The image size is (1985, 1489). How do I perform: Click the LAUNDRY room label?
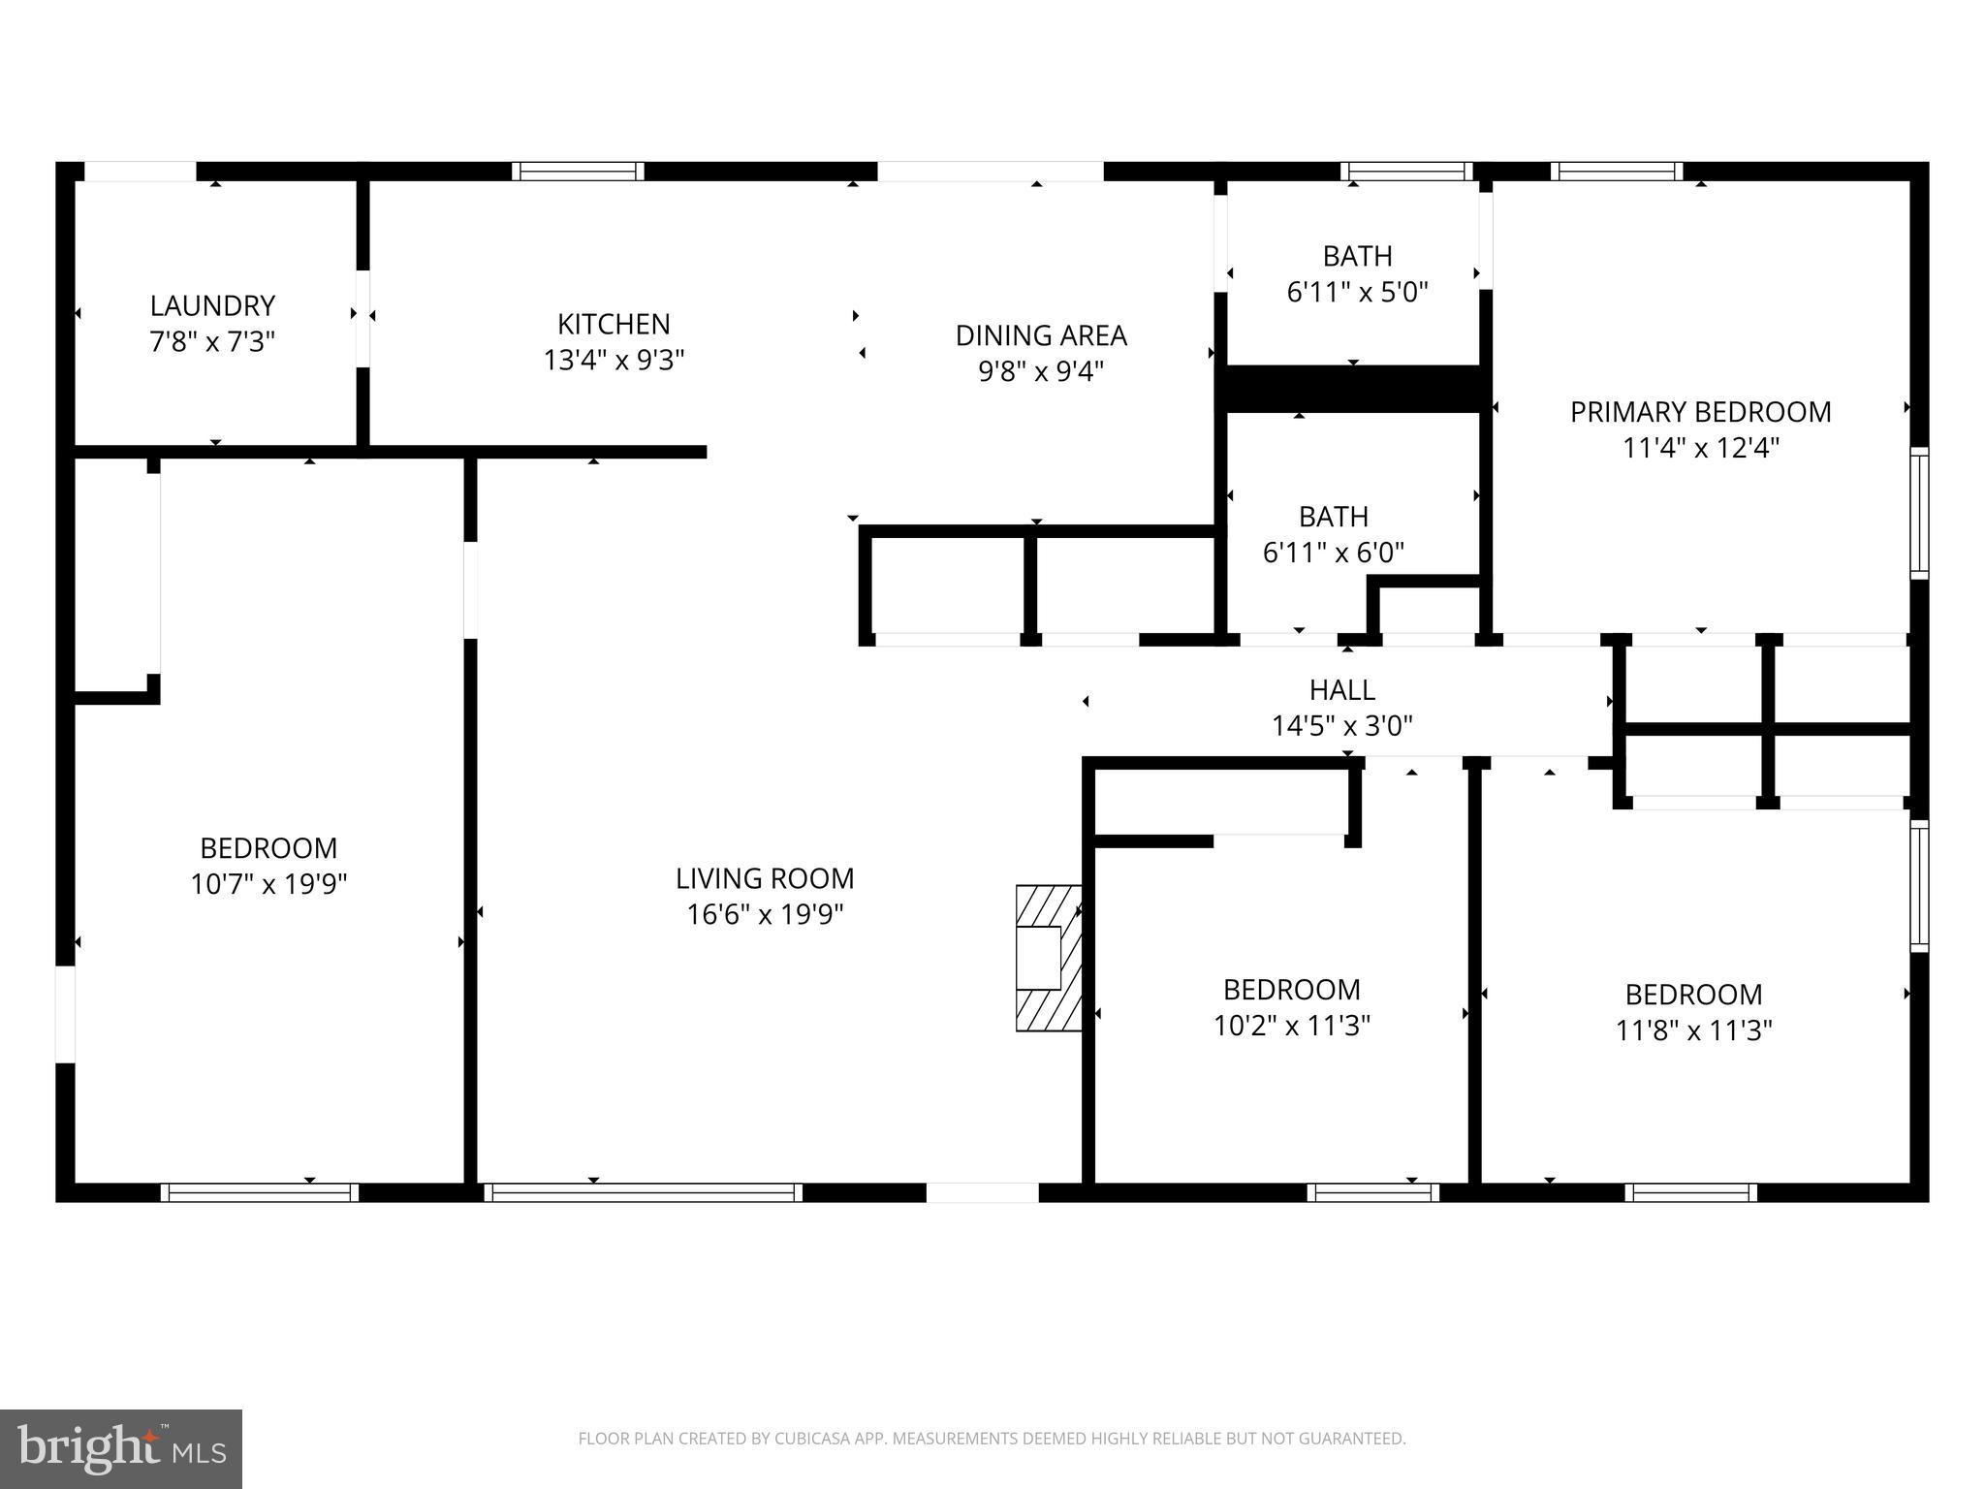(212, 306)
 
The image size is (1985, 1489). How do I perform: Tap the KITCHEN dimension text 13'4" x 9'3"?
(614, 361)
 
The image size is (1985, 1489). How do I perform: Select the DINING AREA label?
(1041, 335)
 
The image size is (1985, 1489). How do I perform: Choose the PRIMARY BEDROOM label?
(1700, 412)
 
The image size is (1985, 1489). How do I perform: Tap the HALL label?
(1341, 690)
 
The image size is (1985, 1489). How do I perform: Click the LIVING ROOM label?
(765, 878)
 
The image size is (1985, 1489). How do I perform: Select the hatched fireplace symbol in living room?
(1049, 958)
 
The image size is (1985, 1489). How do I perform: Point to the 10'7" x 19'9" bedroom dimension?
(268, 884)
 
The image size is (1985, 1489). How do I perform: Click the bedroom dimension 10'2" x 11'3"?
(1291, 1026)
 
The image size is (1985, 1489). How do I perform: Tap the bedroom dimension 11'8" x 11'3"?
(1693, 1030)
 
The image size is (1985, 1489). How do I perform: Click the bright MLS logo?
(120, 1448)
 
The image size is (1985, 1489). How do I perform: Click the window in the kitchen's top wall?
(578, 172)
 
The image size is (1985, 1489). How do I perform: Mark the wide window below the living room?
(643, 1192)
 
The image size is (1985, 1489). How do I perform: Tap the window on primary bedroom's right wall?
(1918, 513)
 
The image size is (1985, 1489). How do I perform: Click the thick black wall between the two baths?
(1353, 389)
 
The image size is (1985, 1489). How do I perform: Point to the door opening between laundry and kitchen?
(362, 318)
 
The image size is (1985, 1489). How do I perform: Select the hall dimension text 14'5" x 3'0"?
(1341, 726)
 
